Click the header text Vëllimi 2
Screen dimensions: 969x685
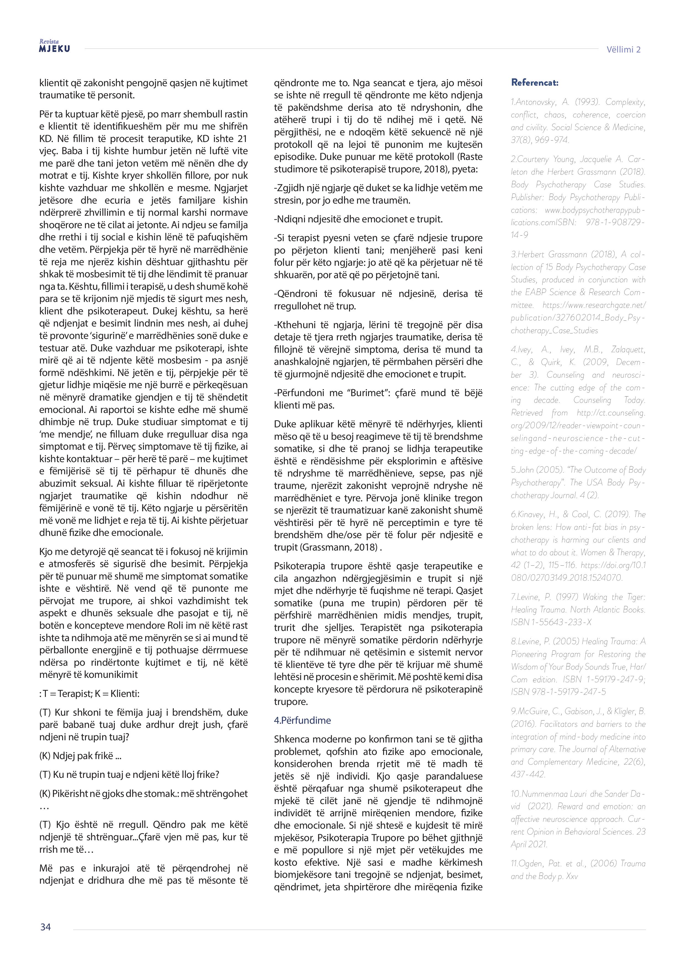point(623,50)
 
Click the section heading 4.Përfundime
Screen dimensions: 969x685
point(302,720)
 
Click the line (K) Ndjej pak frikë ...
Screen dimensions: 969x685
point(80,756)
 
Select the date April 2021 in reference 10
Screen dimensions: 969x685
point(529,844)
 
